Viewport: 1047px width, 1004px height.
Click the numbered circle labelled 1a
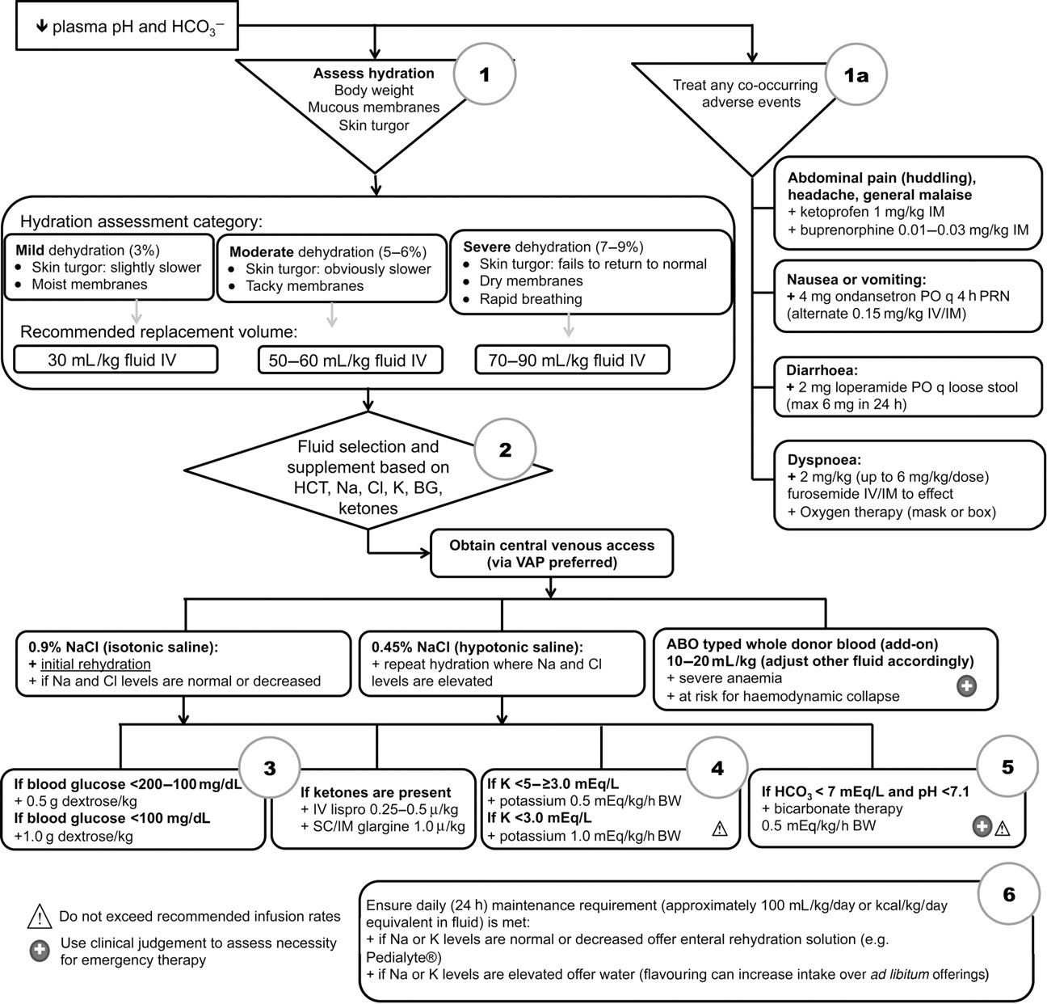(x=856, y=75)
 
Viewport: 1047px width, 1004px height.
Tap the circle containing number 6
(x=1009, y=894)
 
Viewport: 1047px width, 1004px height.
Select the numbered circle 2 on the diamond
(x=505, y=449)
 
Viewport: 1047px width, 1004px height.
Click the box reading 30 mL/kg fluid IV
(x=116, y=360)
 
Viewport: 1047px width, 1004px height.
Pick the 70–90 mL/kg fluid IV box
(x=572, y=360)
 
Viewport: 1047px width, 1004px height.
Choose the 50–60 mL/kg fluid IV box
(x=351, y=360)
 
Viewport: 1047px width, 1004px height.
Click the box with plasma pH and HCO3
(x=127, y=26)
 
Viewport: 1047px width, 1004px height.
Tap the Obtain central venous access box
(x=552, y=554)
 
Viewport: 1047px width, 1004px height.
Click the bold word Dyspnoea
(x=824, y=460)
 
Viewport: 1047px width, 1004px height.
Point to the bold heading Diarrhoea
(x=822, y=370)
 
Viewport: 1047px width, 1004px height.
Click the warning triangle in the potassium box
(x=719, y=829)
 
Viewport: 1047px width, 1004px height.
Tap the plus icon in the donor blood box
(x=967, y=686)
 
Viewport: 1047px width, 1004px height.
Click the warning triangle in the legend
(x=40, y=916)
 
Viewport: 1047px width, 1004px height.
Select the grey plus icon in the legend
(x=40, y=951)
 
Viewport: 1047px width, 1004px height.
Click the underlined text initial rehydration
(x=96, y=664)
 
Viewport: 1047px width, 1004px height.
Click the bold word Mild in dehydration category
(x=30, y=251)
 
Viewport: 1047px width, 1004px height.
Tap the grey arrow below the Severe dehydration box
(x=568, y=324)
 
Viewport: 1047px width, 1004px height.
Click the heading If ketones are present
(x=376, y=792)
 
